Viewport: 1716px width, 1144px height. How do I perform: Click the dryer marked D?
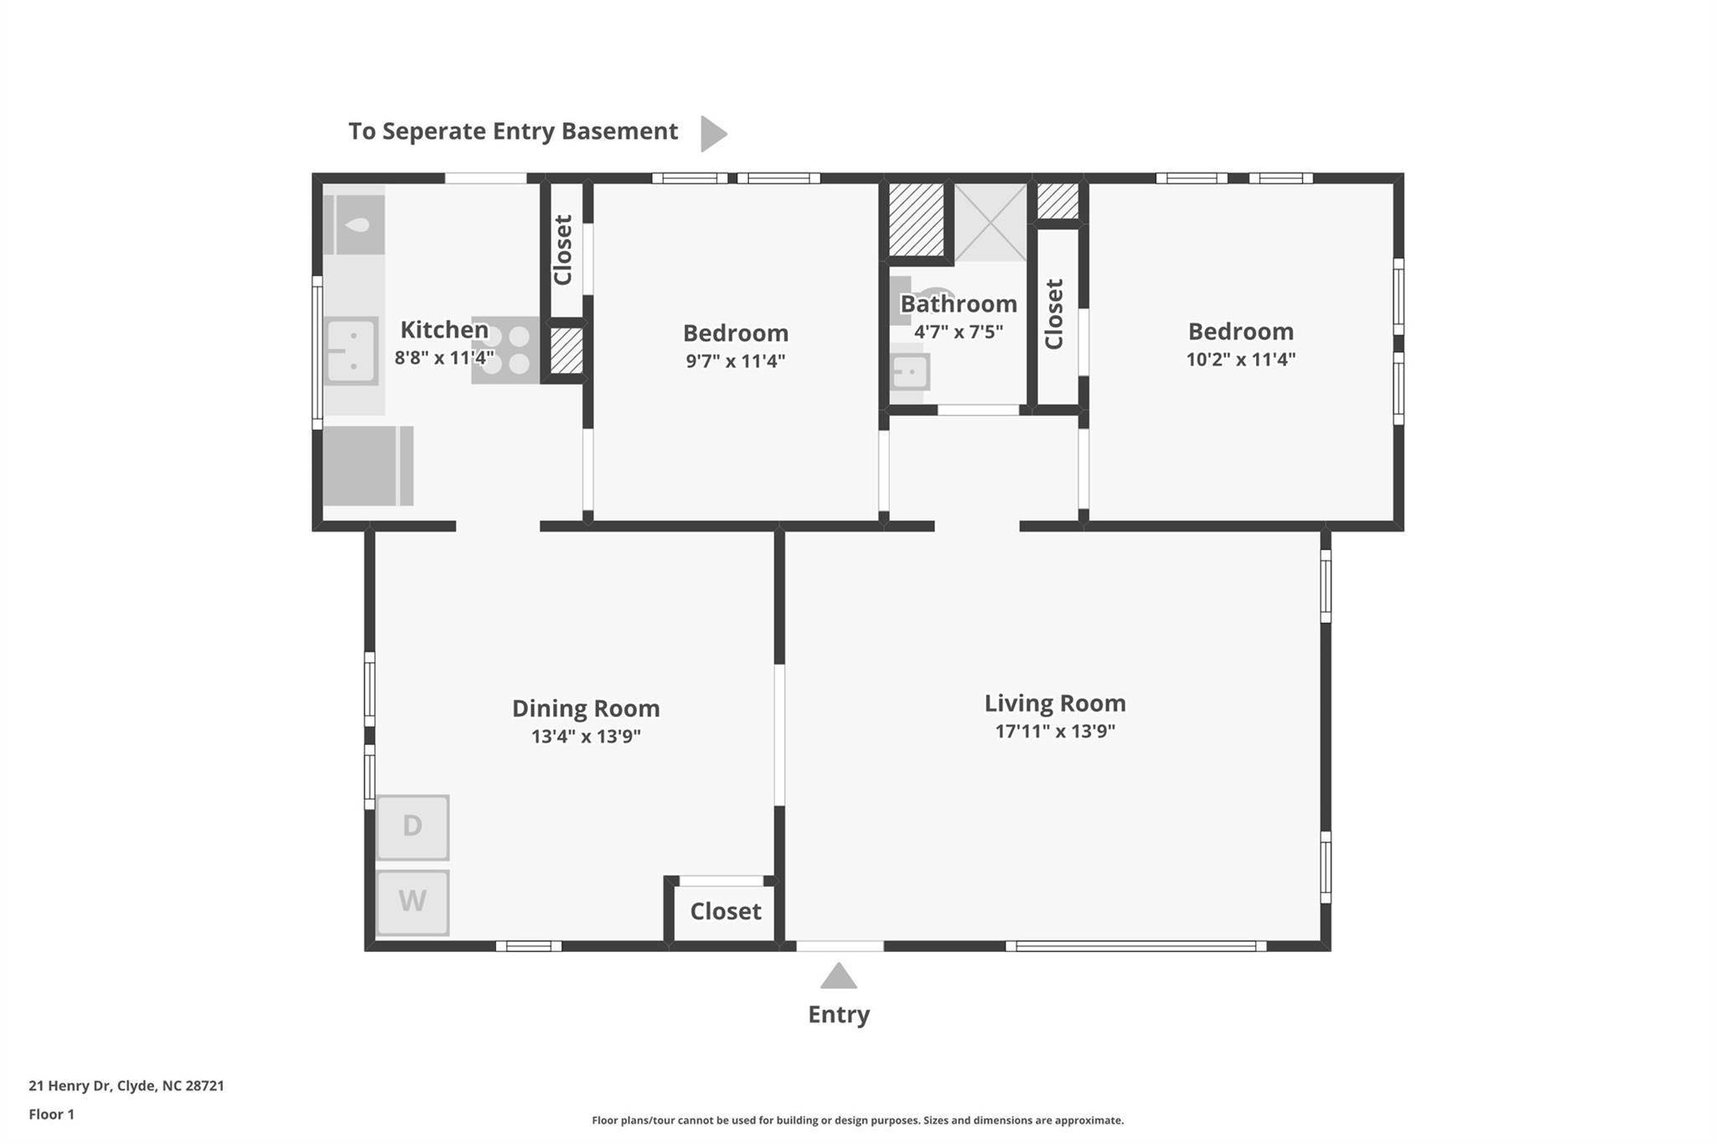tap(412, 826)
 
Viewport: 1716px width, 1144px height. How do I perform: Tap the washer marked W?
tap(412, 902)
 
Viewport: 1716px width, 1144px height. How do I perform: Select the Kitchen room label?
tap(444, 329)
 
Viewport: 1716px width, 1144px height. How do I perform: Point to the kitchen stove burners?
tap(505, 349)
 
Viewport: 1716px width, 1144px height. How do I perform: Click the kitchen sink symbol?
tap(351, 351)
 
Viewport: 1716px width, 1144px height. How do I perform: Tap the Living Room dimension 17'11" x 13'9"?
tap(1055, 731)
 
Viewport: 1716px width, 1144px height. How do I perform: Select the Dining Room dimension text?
tap(586, 737)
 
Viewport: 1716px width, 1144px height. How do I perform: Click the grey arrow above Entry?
tap(838, 977)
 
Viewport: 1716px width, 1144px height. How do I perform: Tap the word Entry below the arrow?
tap(839, 1014)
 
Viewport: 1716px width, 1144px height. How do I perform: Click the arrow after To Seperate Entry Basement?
tap(712, 133)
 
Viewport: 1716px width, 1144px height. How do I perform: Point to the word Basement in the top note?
tap(619, 132)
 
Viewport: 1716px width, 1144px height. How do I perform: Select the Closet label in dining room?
tap(726, 911)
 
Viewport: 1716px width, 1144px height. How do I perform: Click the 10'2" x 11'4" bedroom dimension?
tap(1240, 360)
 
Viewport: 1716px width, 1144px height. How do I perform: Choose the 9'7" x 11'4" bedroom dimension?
tap(735, 361)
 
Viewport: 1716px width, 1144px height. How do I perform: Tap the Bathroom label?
tap(959, 303)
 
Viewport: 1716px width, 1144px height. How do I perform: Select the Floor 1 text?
tap(51, 1114)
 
